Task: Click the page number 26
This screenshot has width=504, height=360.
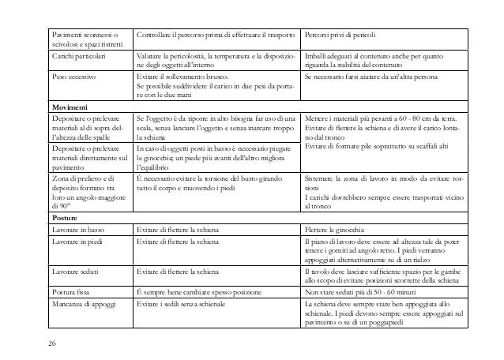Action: [51, 344]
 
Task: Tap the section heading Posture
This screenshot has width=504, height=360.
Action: [65, 216]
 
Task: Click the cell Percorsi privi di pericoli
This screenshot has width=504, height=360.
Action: [344, 36]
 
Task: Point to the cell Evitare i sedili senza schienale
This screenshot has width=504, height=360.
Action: [190, 302]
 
